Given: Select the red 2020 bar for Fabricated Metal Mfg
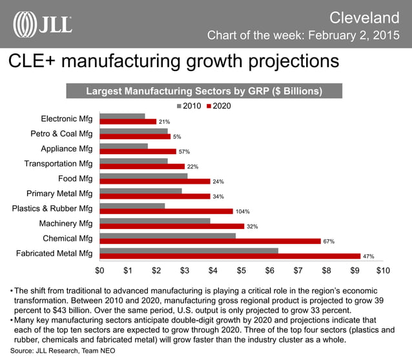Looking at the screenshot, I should [231, 256].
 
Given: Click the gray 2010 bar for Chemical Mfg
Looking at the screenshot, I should [168, 235].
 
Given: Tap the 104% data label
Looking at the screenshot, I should [242, 211].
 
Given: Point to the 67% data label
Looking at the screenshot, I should [329, 241].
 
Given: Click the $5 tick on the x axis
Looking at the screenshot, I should [242, 269].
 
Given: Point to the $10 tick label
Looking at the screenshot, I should [383, 269].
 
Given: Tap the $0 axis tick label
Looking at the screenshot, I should [100, 269].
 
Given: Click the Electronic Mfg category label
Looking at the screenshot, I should [67, 119].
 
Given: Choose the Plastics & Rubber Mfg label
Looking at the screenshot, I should [52, 208].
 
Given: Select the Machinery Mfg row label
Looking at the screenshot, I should [67, 223].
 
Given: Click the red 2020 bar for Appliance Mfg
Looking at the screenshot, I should [138, 152].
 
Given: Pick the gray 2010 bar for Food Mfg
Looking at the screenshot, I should [143, 175].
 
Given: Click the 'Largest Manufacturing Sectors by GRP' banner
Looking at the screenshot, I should [204, 92].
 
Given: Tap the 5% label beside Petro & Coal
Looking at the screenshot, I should [177, 137].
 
